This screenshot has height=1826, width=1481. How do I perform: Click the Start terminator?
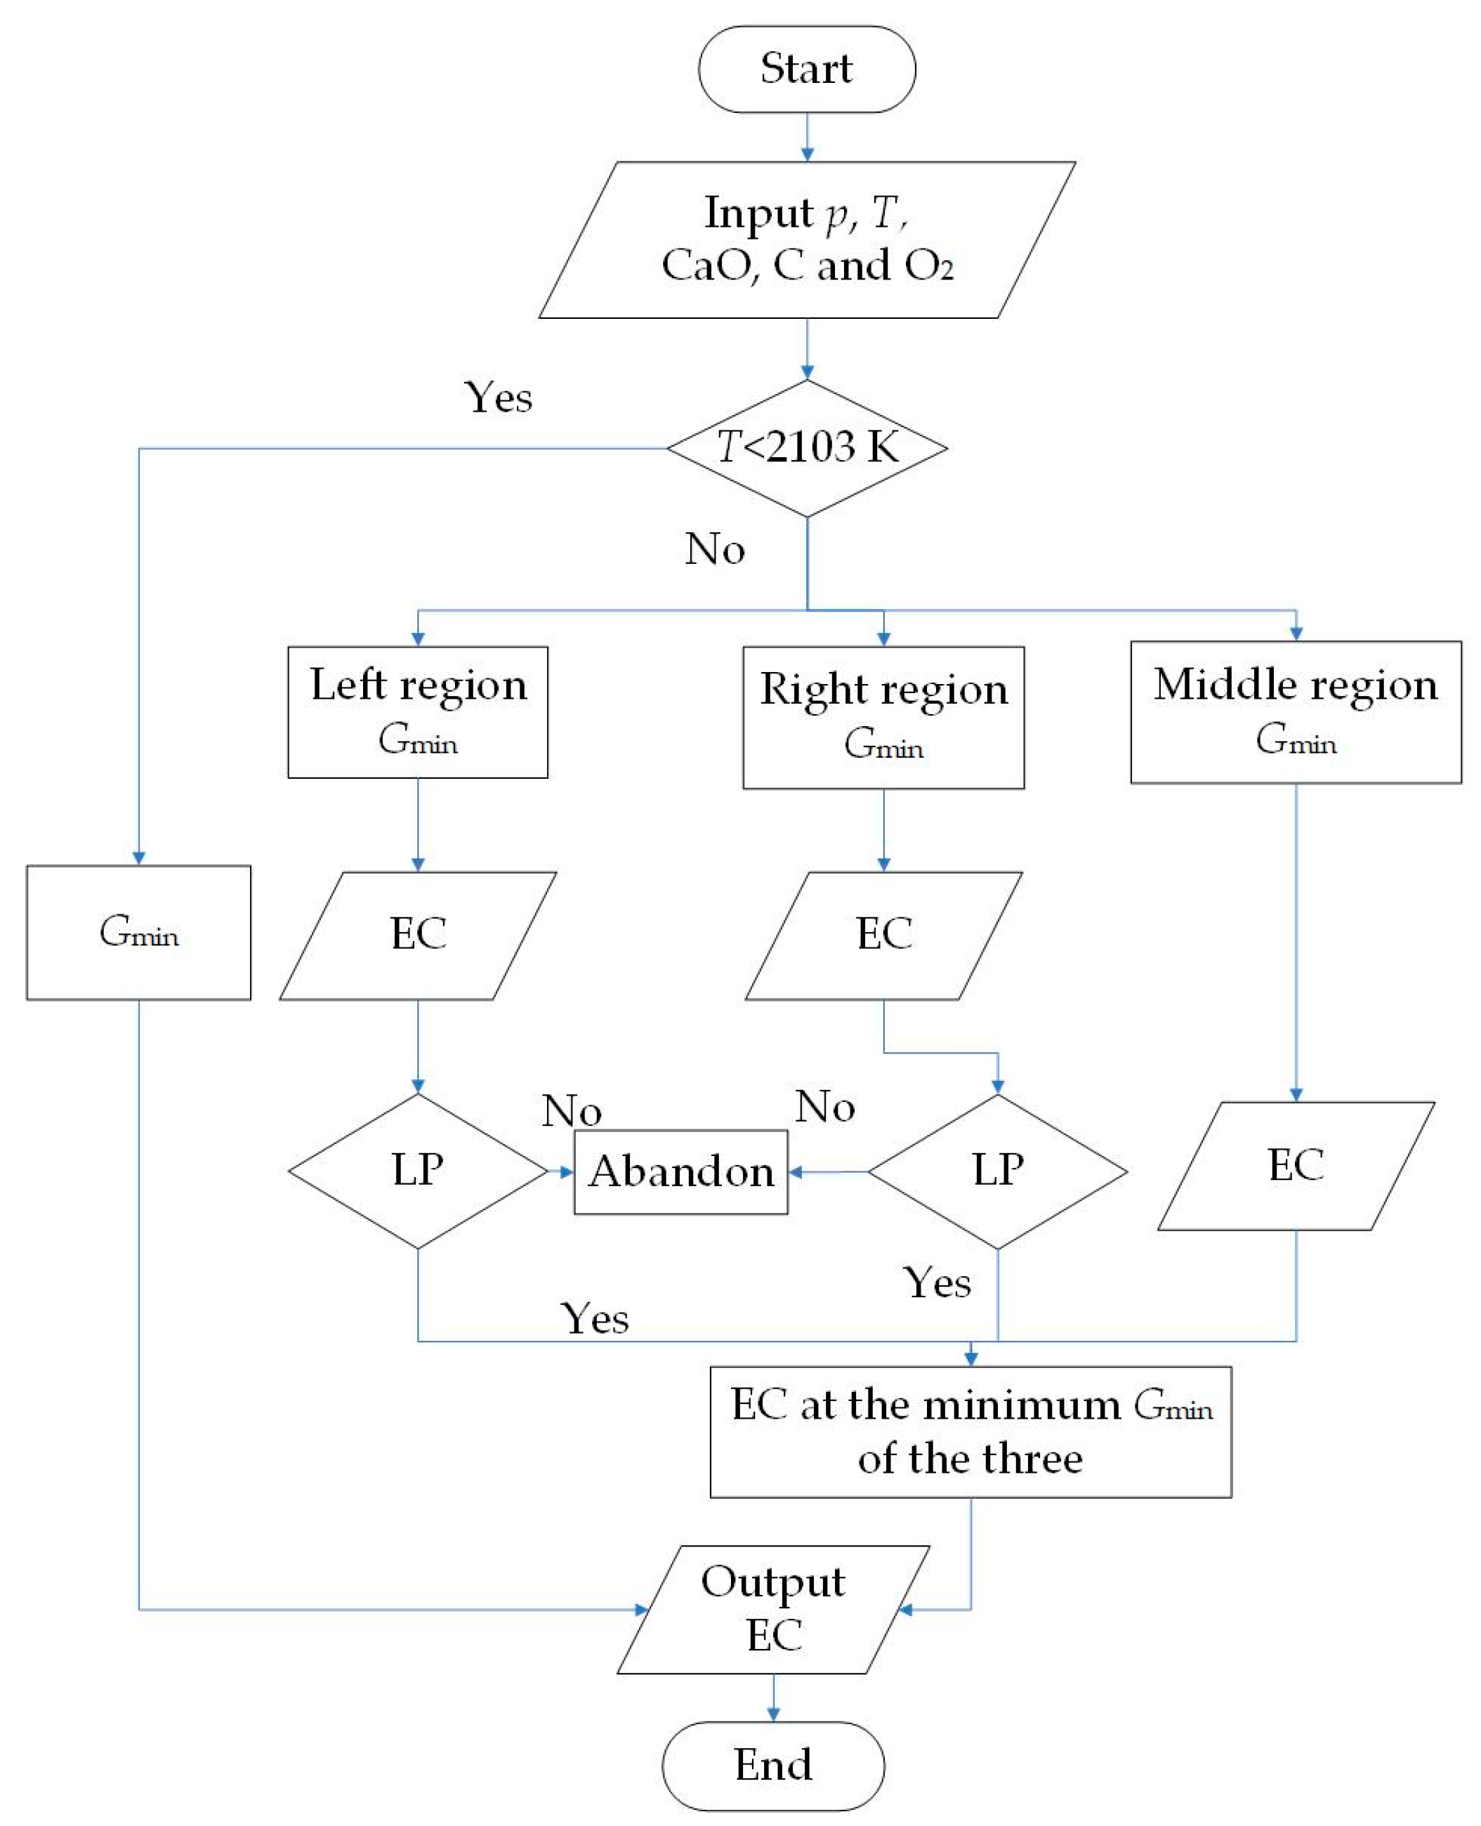point(806,69)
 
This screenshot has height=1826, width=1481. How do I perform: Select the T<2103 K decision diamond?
point(806,448)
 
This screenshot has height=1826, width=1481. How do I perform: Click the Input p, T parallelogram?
point(806,239)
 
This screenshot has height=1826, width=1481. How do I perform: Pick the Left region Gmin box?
point(417,711)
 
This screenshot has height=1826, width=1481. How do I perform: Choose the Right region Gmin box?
point(883,717)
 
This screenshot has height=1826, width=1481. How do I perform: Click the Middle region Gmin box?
point(1295,711)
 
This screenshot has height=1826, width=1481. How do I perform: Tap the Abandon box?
point(680,1171)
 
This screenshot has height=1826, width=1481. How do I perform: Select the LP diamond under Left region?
point(417,1171)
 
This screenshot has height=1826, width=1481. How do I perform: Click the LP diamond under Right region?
point(997,1171)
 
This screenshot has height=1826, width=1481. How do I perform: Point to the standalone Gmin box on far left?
point(138,932)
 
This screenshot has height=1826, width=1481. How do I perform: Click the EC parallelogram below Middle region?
point(1295,1166)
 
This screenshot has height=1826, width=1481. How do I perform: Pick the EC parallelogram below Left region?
point(417,935)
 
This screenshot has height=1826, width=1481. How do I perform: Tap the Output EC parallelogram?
point(773,1609)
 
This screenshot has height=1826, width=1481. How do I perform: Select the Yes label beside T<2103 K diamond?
point(498,398)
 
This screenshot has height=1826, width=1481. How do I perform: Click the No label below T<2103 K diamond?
point(715,549)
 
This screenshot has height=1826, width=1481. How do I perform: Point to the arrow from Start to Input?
point(806,136)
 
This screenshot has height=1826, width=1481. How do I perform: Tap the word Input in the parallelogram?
point(758,213)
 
